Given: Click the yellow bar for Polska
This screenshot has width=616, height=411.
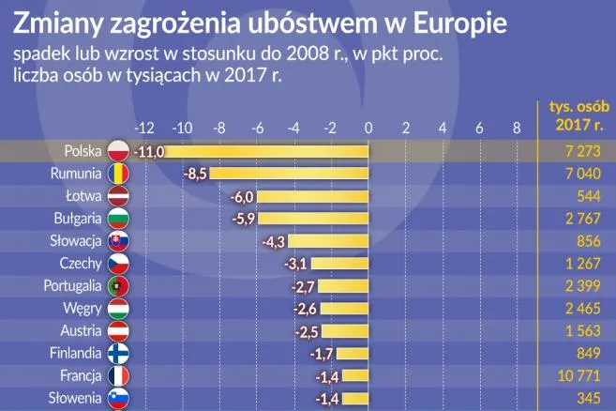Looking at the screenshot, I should click(x=267, y=151).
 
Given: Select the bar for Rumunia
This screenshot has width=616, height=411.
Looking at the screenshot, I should click(x=290, y=174).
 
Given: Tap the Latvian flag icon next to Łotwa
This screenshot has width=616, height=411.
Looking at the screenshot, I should click(x=118, y=196).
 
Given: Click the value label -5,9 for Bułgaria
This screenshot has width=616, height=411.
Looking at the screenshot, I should click(x=242, y=219).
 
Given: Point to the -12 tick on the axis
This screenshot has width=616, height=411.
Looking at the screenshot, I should click(x=144, y=128).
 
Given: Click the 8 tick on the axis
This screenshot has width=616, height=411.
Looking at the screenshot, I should click(x=516, y=128).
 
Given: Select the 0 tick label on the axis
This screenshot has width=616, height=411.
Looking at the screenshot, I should click(x=368, y=128).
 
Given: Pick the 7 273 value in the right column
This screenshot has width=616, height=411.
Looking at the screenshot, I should click(x=571, y=151).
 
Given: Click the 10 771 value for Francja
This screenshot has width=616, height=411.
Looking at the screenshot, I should click(x=568, y=376).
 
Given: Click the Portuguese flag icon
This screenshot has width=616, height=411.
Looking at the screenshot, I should click(x=118, y=286).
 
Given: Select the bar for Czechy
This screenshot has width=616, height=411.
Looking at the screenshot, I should click(x=339, y=264).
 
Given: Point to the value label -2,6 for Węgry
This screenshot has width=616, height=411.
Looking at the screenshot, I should click(x=305, y=309).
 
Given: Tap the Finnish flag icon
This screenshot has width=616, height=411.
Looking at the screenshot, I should click(x=118, y=354).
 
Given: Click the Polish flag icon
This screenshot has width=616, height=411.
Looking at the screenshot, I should click(x=118, y=151).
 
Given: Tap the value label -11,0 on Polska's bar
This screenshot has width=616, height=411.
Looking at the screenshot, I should click(x=149, y=151).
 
